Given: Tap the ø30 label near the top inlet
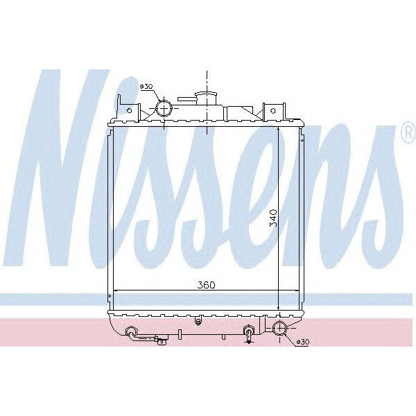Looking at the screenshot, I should coord(146,87).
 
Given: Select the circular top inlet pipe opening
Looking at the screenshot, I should coord(164,108).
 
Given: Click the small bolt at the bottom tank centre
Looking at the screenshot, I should coord(199,320).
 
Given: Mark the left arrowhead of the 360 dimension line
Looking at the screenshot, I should coord(115,290).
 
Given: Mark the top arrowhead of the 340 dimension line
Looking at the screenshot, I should coord(278,128).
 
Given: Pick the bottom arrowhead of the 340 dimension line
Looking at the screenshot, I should coord(278,309).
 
